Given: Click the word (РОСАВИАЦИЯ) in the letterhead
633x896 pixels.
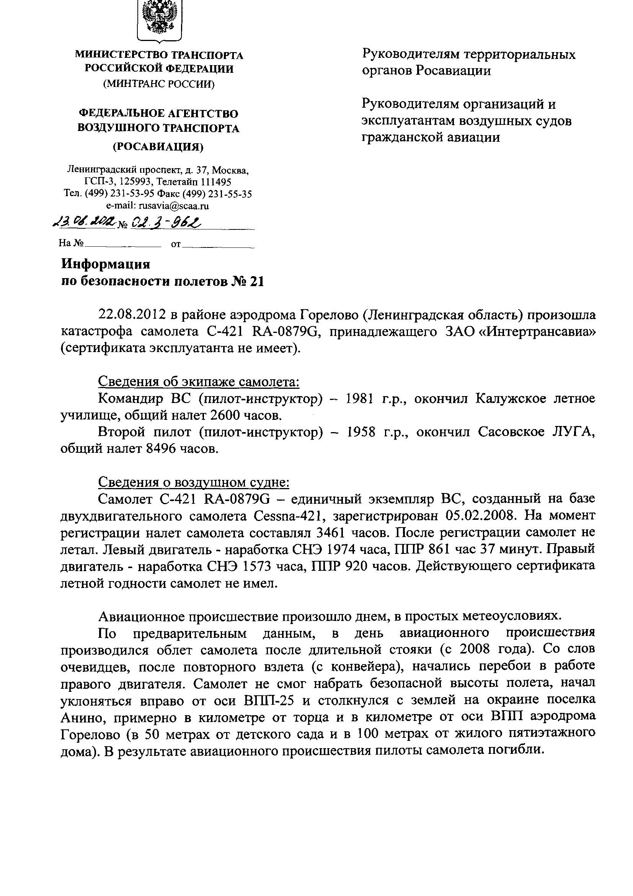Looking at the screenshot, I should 158,147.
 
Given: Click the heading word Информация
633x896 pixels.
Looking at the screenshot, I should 106,264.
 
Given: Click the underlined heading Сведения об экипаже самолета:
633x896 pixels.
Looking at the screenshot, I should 198,381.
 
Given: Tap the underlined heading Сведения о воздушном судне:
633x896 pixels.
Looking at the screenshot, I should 194,483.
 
